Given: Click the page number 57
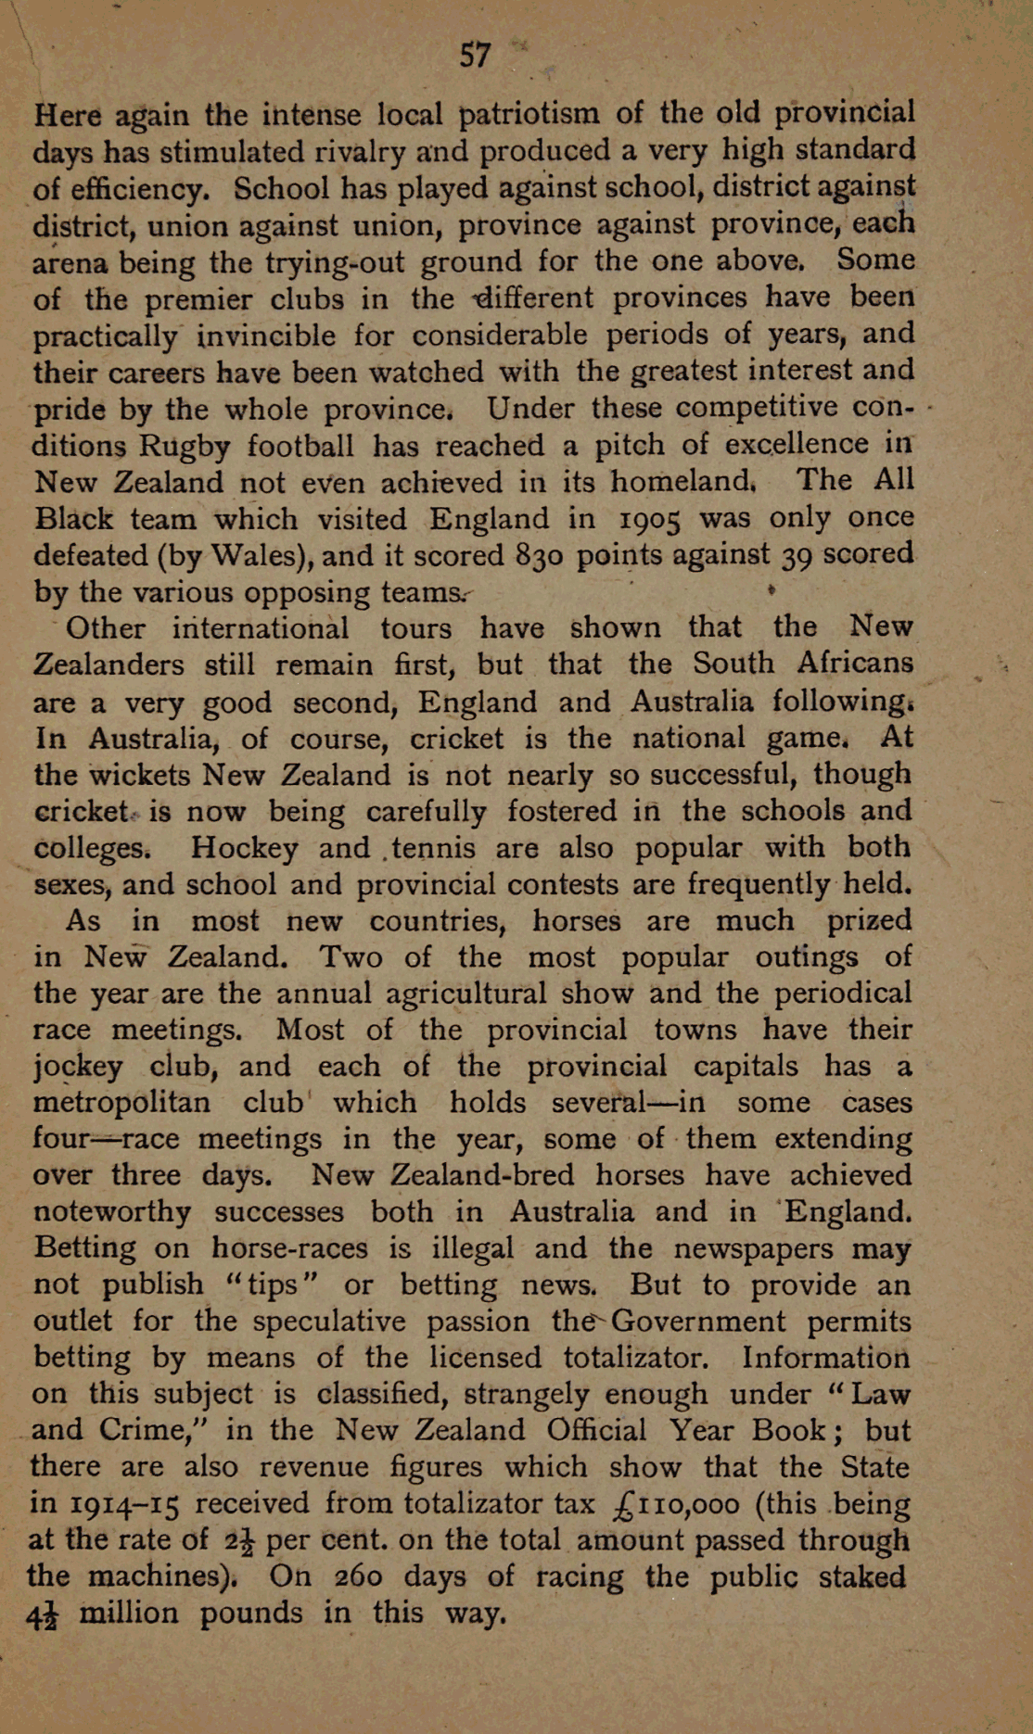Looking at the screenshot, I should (475, 56).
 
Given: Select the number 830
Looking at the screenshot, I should (535, 555).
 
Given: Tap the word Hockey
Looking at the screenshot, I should (244, 848).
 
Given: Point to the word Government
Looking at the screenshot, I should (699, 1322).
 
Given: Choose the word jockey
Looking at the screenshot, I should (77, 1067).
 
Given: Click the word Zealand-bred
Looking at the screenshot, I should (442, 1176).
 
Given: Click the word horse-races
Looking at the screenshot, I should (289, 1248).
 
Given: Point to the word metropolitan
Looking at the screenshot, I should (121, 1103).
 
